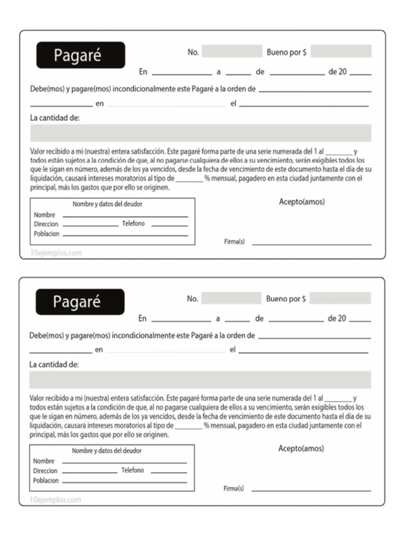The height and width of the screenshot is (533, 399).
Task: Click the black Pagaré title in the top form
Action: click(x=81, y=55)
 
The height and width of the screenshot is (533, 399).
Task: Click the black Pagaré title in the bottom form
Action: click(x=80, y=302)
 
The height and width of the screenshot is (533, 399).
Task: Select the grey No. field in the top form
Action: click(x=232, y=52)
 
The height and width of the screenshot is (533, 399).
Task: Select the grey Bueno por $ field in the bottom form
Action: click(x=340, y=298)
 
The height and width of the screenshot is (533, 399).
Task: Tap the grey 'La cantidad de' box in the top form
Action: click(x=201, y=133)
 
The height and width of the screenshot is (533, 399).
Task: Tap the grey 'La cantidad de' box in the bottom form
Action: click(x=200, y=380)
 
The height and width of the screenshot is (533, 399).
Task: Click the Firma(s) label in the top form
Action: click(x=234, y=243)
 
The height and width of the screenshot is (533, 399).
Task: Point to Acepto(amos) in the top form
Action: click(x=301, y=202)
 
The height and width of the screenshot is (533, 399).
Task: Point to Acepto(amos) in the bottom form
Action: click(x=301, y=448)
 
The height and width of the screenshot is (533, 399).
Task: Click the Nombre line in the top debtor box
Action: click(x=125, y=216)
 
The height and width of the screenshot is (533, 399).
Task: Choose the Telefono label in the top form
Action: click(x=134, y=224)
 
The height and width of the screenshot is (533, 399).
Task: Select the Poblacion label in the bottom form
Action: click(x=46, y=480)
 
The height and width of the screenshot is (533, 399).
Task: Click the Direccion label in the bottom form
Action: click(x=45, y=471)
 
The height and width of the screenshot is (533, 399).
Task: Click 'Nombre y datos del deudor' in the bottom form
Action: click(x=107, y=451)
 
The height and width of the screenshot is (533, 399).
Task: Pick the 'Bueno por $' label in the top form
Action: click(x=286, y=53)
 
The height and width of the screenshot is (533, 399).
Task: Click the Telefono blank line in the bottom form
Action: click(x=168, y=472)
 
